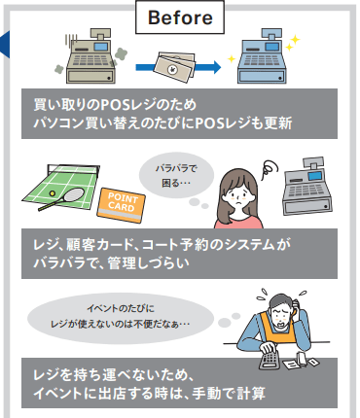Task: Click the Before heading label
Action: (x=180, y=17)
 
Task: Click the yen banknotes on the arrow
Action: (x=175, y=66)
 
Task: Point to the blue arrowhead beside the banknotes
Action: (x=217, y=67)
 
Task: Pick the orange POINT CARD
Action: (x=121, y=205)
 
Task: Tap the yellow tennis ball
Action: (x=52, y=193)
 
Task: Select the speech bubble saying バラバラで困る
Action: (x=176, y=176)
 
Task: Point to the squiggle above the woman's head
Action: (x=270, y=167)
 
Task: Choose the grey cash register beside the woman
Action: (x=307, y=187)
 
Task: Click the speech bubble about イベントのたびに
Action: (x=121, y=318)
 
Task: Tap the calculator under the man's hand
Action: (x=270, y=359)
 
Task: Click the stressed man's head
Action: (x=281, y=310)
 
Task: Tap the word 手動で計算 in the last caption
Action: (x=229, y=394)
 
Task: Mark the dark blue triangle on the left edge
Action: (x=6, y=45)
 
